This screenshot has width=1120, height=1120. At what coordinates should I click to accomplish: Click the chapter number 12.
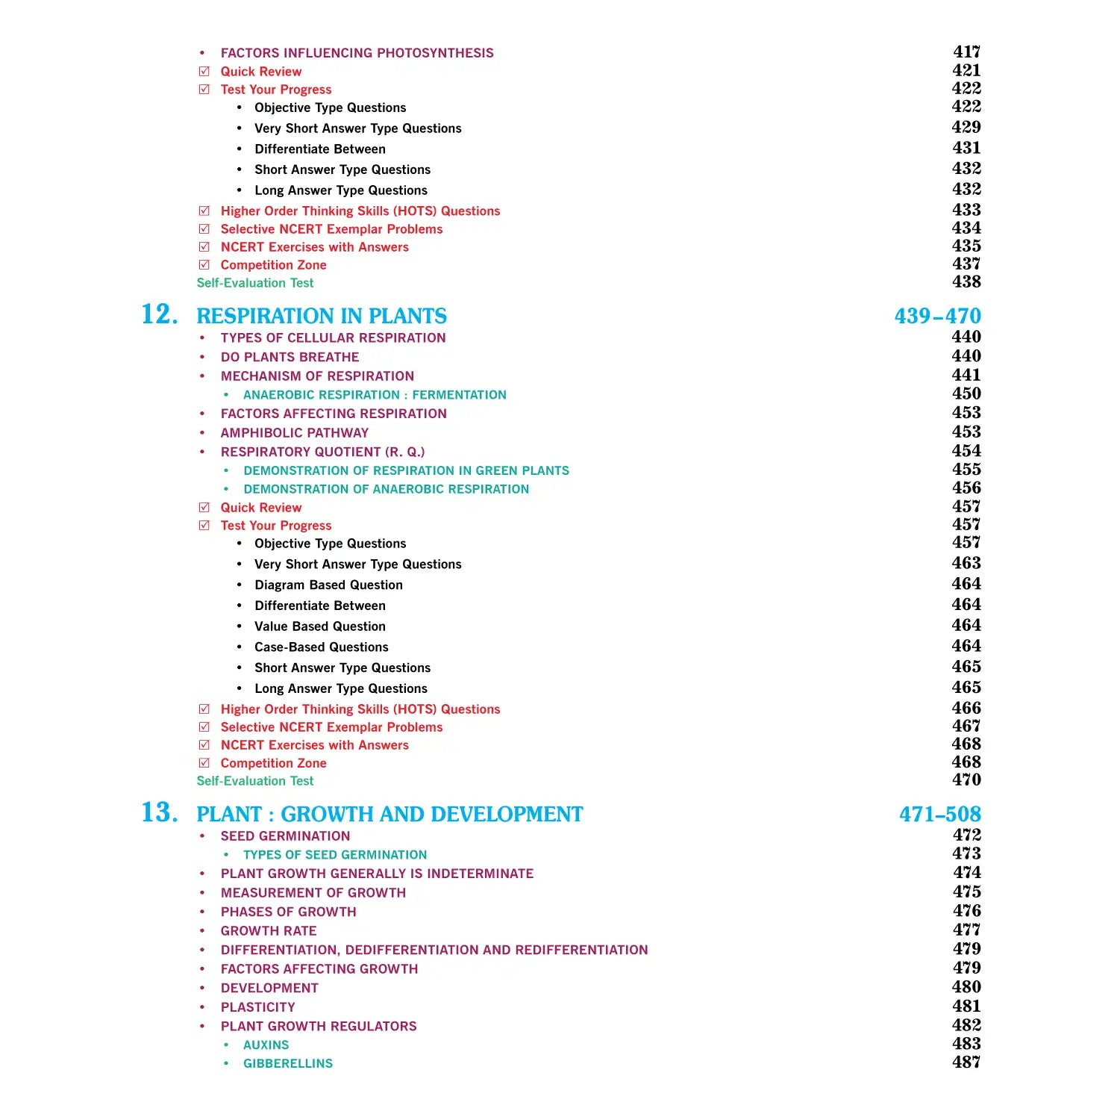pos(160,314)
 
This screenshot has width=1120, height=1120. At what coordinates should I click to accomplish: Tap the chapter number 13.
pos(160,812)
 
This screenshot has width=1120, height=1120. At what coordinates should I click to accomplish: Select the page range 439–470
pos(937,316)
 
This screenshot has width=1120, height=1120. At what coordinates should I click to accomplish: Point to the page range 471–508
pos(939,814)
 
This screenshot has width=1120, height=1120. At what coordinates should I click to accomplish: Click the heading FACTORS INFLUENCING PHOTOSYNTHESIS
pos(357,53)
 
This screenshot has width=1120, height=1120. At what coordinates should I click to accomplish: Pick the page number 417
pos(966,52)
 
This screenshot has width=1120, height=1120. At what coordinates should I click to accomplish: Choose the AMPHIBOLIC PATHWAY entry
pos(294,433)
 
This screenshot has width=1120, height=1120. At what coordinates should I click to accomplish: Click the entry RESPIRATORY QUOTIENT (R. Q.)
pos(322,452)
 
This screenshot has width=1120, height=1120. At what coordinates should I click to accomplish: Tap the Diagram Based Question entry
pos(328,585)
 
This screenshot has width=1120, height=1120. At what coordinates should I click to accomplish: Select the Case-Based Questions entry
pos(321,647)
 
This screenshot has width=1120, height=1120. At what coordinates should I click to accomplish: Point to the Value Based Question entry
pos(319,626)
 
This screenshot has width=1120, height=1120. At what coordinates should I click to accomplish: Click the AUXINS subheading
pos(266,1045)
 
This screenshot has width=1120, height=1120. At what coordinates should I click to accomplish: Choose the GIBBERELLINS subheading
pos(287,1064)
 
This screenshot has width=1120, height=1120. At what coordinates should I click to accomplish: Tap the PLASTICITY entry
pos(257,1007)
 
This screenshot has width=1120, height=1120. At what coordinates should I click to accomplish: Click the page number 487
pos(966,1062)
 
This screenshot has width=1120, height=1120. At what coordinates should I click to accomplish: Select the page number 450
pos(966,393)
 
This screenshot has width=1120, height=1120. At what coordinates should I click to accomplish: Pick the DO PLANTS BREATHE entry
pos(290,358)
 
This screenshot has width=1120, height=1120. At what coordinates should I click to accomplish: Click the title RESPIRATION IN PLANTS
pos(322,316)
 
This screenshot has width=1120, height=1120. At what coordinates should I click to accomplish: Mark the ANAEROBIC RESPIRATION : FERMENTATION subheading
pos(375,395)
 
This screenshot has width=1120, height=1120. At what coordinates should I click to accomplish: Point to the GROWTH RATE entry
pos(269,931)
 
